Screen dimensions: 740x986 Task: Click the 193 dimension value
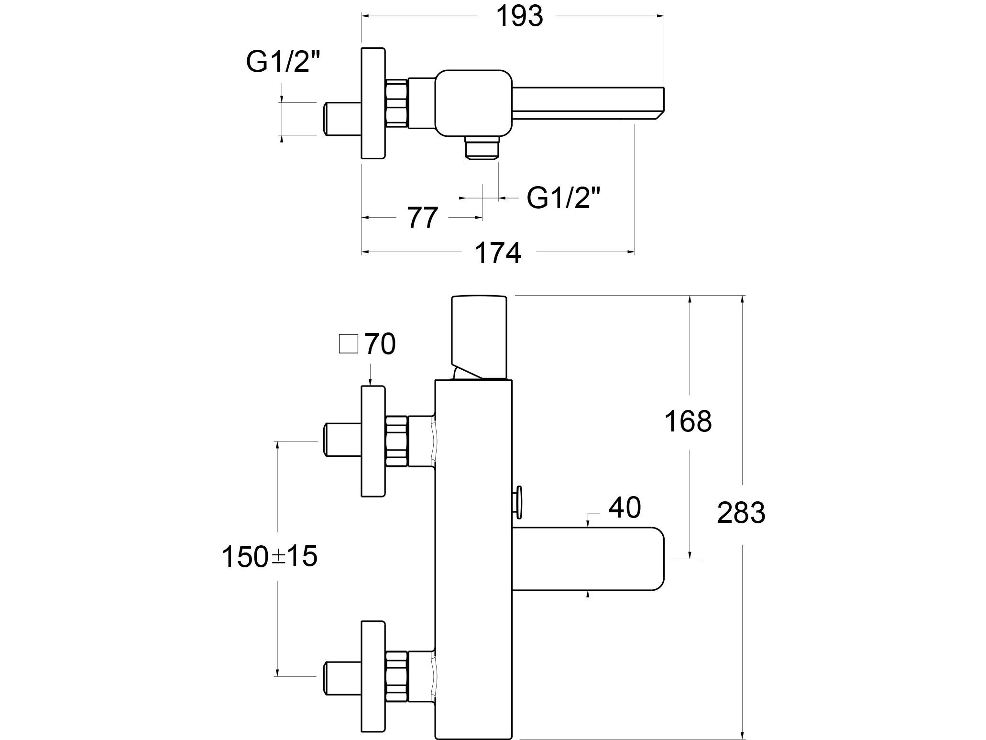(519, 16)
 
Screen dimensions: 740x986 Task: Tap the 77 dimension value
(423, 218)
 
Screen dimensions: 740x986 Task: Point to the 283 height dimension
(741, 512)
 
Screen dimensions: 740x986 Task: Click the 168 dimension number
(688, 421)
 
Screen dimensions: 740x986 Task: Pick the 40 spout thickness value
(624, 508)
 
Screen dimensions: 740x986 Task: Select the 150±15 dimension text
(270, 557)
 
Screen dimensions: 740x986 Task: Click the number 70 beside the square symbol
(380, 344)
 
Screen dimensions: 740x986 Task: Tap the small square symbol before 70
(348, 344)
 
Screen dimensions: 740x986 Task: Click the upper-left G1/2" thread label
(283, 62)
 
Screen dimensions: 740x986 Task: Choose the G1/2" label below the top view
(563, 197)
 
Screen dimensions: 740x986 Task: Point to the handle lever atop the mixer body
(479, 335)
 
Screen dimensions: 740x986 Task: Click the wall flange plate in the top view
(373, 103)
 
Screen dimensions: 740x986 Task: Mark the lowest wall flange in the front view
(373, 676)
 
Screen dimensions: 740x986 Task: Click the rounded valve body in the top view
(473, 102)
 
